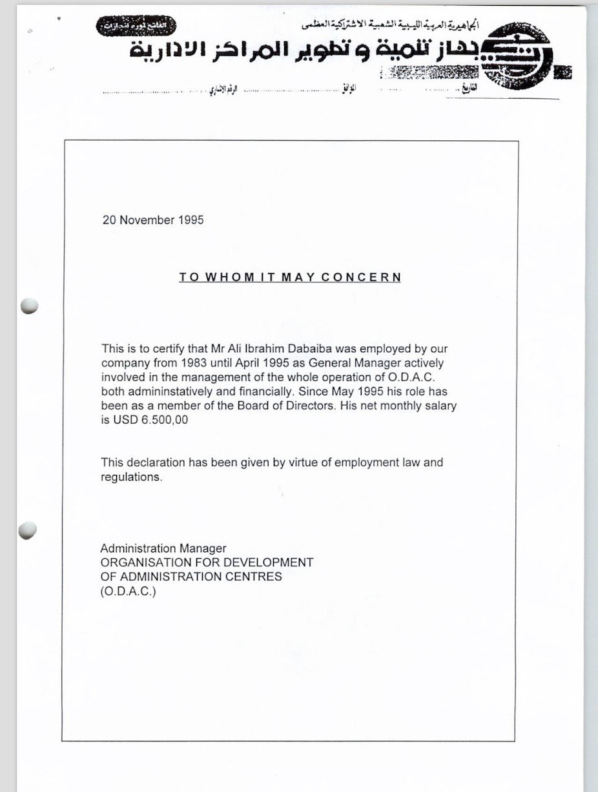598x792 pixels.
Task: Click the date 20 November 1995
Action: click(x=153, y=220)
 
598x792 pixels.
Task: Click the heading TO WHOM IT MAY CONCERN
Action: click(x=290, y=277)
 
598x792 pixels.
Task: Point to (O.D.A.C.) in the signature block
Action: click(x=129, y=591)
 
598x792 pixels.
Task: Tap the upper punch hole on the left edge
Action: click(x=29, y=307)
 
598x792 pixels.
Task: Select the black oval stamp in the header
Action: click(x=136, y=26)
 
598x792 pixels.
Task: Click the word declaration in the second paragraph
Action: click(x=154, y=463)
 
